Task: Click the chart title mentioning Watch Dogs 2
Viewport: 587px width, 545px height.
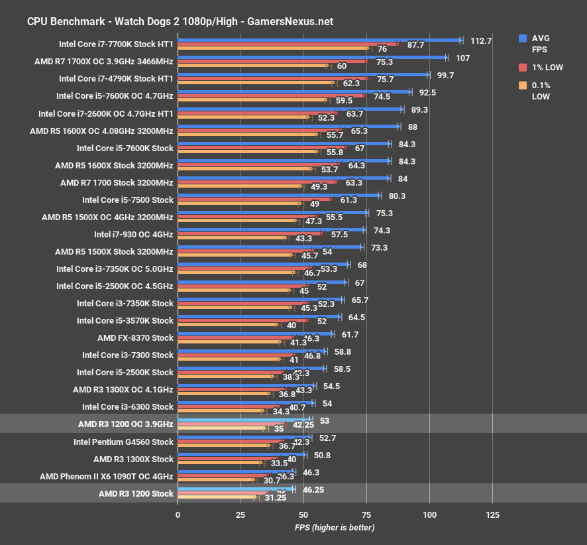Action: pos(180,21)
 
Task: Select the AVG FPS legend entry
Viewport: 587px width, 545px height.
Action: pos(541,43)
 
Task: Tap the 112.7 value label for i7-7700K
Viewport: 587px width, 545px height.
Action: pos(481,40)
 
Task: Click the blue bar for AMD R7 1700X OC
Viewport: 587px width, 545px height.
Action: pos(312,58)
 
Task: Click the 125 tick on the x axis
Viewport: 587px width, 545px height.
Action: pos(492,515)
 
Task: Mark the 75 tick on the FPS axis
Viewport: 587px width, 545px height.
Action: pos(366,515)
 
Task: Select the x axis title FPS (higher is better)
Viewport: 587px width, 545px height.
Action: pos(335,528)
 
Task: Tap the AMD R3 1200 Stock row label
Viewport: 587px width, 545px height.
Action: pos(136,493)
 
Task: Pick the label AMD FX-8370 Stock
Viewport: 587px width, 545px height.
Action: pos(135,337)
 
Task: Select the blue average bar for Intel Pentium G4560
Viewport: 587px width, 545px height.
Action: pos(244,436)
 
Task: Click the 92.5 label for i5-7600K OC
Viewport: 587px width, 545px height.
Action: pos(427,92)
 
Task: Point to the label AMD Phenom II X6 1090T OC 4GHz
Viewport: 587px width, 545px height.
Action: pos(106,476)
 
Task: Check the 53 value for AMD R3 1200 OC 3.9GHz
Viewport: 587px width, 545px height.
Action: pos(325,420)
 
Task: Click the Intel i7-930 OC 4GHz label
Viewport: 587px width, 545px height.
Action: pos(133,234)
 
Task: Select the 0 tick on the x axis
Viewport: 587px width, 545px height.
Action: pos(178,515)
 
